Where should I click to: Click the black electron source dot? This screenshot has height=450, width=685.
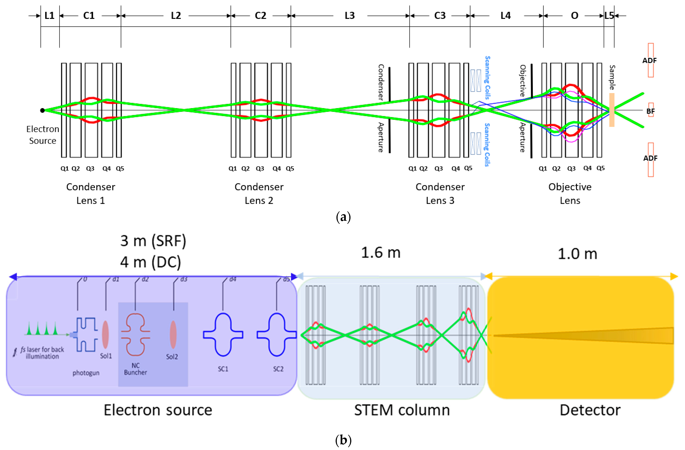point(42,110)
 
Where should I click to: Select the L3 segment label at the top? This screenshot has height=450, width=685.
point(350,15)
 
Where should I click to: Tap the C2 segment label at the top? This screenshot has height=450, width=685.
point(261,15)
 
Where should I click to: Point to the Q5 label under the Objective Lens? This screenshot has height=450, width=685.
point(600,168)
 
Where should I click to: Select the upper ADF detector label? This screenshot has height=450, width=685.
point(649,60)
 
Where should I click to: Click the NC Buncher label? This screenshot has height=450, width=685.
point(135,369)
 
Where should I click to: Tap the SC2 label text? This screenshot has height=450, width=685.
point(278,369)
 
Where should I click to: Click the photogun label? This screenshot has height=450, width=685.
point(86,373)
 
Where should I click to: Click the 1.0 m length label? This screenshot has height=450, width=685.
point(577,254)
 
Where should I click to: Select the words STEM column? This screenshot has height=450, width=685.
point(402,410)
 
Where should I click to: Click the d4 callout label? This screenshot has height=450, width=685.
point(233,279)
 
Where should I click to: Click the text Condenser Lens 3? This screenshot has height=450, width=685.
point(440,194)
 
